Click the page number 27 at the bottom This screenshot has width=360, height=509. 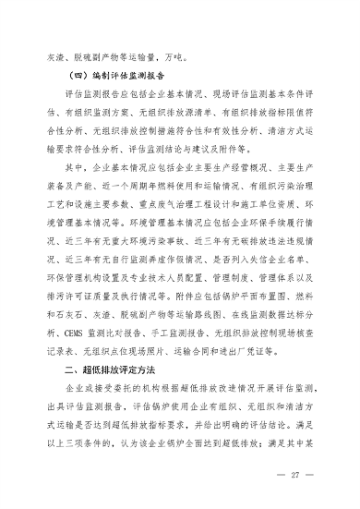(297, 476)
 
